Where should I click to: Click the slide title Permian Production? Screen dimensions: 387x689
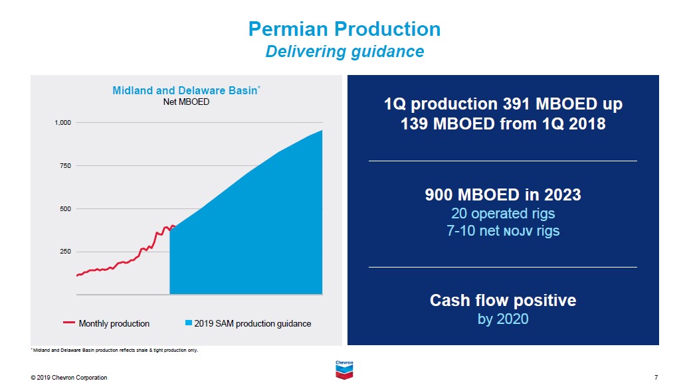click(344, 29)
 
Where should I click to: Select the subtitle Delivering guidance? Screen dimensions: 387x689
click(344, 51)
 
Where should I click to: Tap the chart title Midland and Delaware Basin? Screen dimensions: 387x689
click(184, 90)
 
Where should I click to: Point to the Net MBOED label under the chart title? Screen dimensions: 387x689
click(186, 102)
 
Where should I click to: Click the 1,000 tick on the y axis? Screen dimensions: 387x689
click(62, 123)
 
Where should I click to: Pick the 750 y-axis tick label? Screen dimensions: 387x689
click(65, 166)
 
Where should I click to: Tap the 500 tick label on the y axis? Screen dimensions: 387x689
click(65, 209)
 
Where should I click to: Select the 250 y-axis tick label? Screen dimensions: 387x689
click(65, 252)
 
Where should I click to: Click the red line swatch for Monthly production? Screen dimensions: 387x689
click(69, 323)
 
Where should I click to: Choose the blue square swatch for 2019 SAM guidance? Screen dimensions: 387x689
click(189, 323)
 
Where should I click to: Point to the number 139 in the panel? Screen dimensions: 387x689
click(416, 123)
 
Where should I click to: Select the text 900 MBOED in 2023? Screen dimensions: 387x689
click(503, 195)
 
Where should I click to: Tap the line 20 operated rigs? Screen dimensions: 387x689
click(503, 214)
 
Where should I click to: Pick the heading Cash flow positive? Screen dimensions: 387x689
click(503, 300)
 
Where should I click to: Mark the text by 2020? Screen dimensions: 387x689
click(503, 319)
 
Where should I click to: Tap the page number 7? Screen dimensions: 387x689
click(656, 378)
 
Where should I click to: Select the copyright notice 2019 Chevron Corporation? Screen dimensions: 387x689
click(69, 378)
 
